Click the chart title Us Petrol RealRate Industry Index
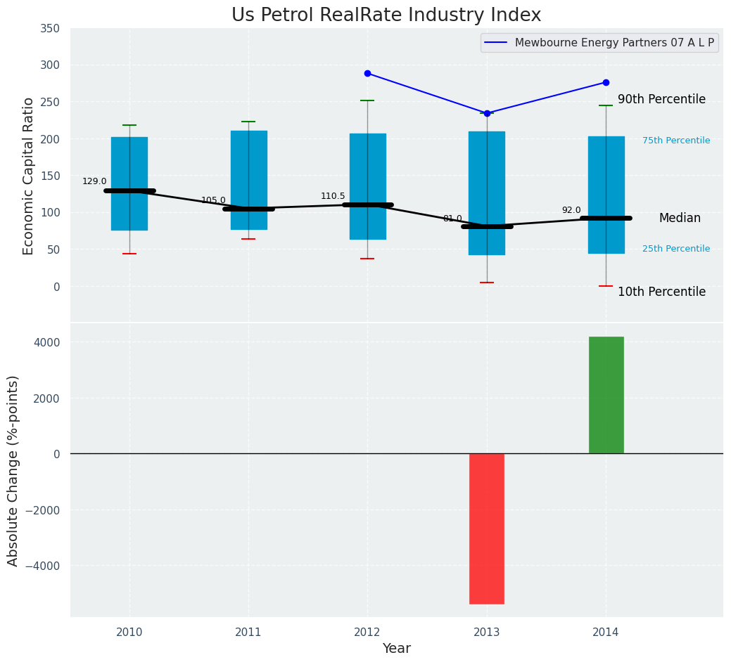click(x=386, y=15)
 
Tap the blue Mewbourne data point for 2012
click(x=367, y=73)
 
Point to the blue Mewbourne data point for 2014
click(x=606, y=82)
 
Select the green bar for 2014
click(x=606, y=395)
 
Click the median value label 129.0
click(x=94, y=181)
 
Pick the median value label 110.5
click(x=333, y=196)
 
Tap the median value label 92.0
click(x=571, y=210)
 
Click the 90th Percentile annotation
click(x=661, y=100)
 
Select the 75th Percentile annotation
click(x=676, y=141)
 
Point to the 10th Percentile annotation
click(x=661, y=292)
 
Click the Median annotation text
click(x=680, y=219)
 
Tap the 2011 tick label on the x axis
click(x=248, y=632)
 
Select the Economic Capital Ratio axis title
click(x=29, y=176)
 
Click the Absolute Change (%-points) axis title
click(x=13, y=470)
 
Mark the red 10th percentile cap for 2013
click(x=487, y=283)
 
